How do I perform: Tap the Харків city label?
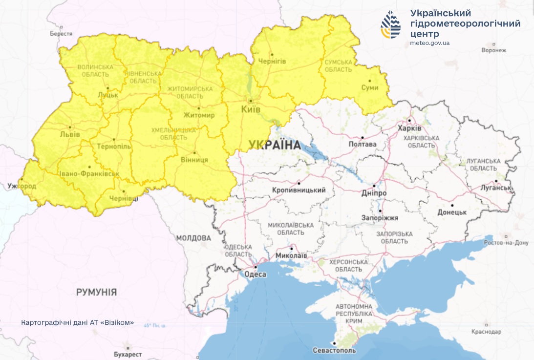click(411, 128)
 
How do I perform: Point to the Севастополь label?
click(335, 351)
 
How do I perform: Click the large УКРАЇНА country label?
click(274, 145)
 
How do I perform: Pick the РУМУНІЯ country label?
click(96, 292)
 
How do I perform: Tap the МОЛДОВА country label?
click(194, 238)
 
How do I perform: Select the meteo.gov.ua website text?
click(430, 43)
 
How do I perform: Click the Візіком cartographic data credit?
click(78, 323)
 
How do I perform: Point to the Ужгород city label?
click(22, 186)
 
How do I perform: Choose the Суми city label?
click(369, 88)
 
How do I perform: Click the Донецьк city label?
click(452, 212)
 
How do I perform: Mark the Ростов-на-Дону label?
click(506, 243)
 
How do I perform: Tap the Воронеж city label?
click(493, 50)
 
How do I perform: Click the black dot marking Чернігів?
click(272, 54)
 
